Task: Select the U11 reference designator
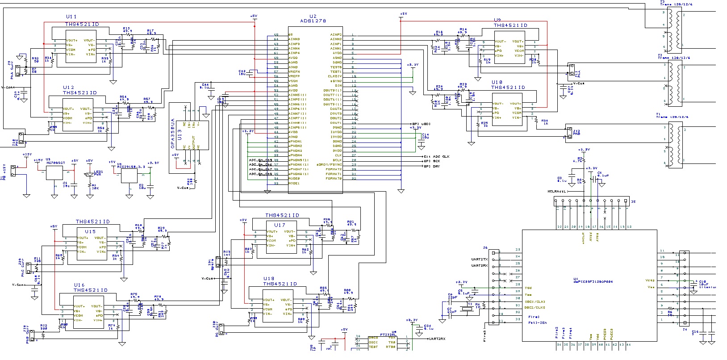click(71, 17)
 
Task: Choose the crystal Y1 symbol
click(468, 309)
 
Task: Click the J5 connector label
click(633, 201)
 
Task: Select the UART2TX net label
click(480, 259)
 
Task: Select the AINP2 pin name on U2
click(336, 34)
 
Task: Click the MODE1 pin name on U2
click(294, 183)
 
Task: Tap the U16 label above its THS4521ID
click(79, 285)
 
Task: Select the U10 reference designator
click(497, 83)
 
